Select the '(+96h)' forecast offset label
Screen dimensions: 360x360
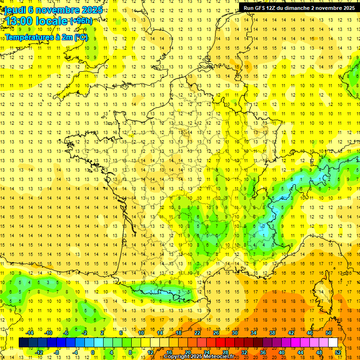81,21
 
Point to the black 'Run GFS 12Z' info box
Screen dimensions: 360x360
299,7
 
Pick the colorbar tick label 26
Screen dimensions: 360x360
216,333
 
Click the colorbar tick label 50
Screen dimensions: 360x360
329,333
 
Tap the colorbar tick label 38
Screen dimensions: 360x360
272,333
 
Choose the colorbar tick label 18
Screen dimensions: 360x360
178,333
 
